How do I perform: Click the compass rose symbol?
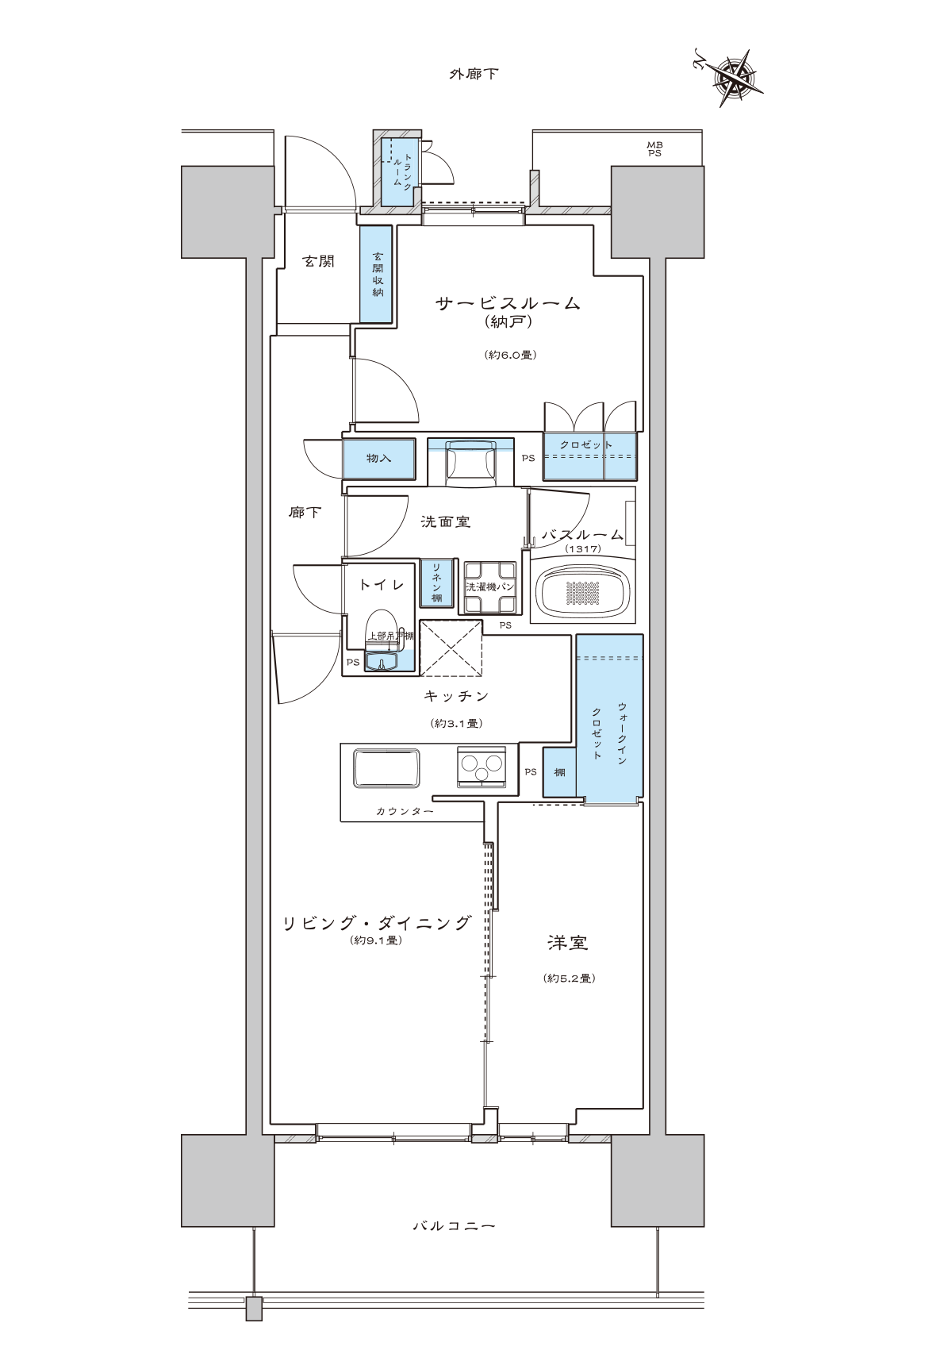click(x=735, y=78)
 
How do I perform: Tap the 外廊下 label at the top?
click(x=474, y=75)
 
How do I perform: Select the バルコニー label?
click(x=455, y=1226)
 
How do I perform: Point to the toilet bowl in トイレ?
click(x=383, y=627)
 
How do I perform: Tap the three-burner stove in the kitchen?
click(x=482, y=767)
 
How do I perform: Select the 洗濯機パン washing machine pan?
click(x=489, y=587)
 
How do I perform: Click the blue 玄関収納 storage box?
click(x=376, y=275)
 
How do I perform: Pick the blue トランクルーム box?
click(x=397, y=173)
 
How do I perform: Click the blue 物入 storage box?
click(x=378, y=459)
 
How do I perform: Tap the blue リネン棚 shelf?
click(x=436, y=584)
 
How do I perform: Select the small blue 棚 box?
click(x=559, y=772)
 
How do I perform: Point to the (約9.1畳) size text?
click(x=378, y=940)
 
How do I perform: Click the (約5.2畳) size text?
click(x=570, y=979)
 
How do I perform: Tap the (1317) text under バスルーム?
click(x=583, y=548)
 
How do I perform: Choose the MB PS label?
click(x=654, y=148)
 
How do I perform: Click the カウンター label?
click(x=405, y=812)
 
